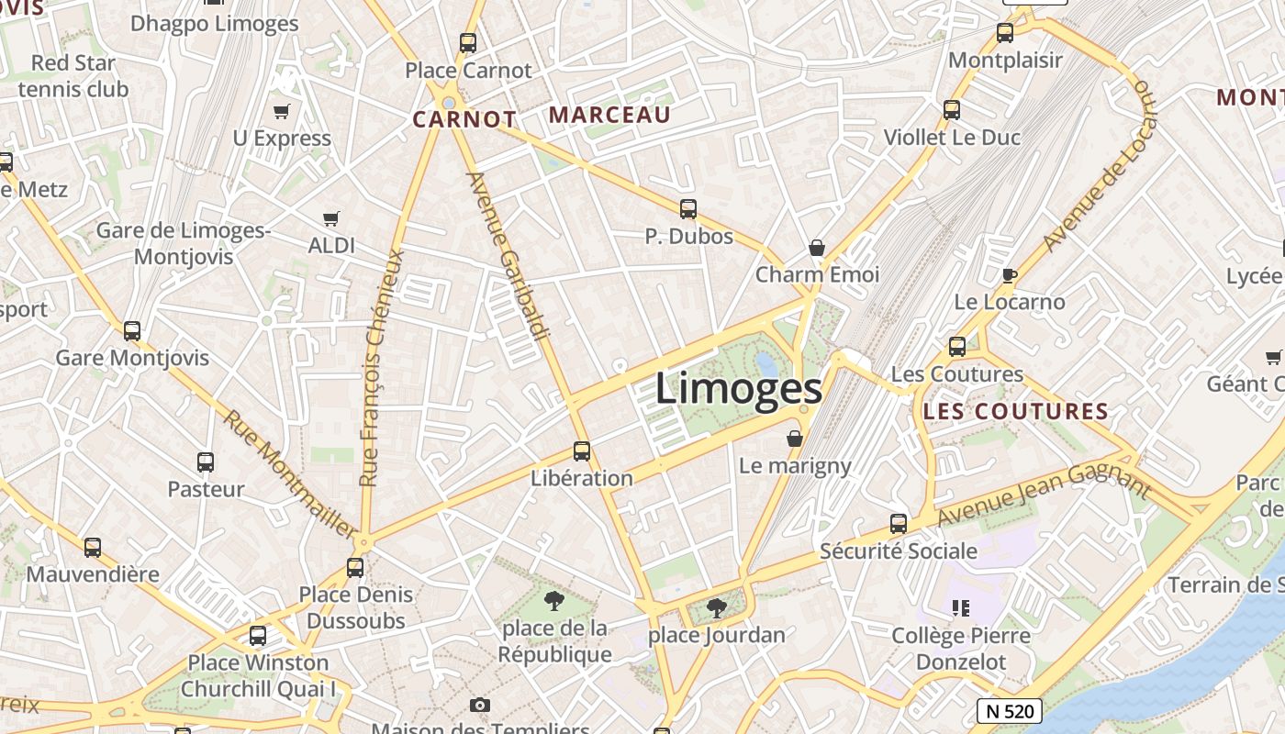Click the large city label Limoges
tap(739, 389)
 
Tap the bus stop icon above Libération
tap(582, 451)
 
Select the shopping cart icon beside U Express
tap(282, 112)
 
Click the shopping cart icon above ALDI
tap(331, 219)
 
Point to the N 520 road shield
tap(1008, 710)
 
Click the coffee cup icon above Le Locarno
tap(1010, 275)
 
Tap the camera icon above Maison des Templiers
tap(479, 705)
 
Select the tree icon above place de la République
tap(553, 601)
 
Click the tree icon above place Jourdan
tap(717, 607)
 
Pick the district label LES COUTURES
tap(1016, 411)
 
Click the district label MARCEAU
tap(609, 115)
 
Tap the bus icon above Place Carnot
tap(468, 42)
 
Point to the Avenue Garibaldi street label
tap(508, 255)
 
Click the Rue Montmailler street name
tap(290, 473)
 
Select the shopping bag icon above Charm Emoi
tap(817, 248)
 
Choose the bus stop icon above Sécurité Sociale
tap(899, 524)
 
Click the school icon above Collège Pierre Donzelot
tap(961, 607)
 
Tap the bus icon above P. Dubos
tap(688, 209)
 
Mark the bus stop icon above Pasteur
tap(206, 462)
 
